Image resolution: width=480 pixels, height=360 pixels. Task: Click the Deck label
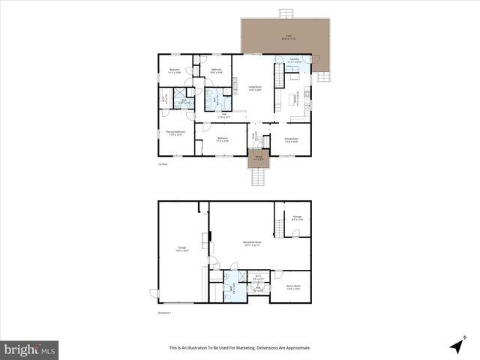tap(288, 36)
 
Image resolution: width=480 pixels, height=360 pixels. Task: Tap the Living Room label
tap(255, 88)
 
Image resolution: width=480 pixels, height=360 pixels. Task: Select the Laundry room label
tap(294, 60)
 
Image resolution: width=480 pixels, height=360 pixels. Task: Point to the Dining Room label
tap(291, 139)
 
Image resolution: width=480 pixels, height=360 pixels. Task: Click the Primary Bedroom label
tap(175, 134)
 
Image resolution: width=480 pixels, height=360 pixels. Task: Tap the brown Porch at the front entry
tap(258, 158)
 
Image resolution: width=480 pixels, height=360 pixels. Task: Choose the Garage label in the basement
tap(181, 248)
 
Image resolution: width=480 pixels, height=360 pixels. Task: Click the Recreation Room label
tap(253, 243)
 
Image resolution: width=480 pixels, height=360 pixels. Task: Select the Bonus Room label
tap(293, 286)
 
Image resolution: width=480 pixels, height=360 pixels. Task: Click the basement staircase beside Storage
tap(279, 224)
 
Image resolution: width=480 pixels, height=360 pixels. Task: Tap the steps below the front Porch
tap(259, 177)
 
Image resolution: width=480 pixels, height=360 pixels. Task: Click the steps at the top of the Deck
tap(286, 13)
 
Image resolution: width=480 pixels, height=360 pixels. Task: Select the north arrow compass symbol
tap(456, 345)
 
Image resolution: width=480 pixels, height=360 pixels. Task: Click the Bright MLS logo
tap(29, 349)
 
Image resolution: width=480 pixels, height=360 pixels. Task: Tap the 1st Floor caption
tap(162, 163)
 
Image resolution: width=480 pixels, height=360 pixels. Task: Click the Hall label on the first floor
tap(222, 115)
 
